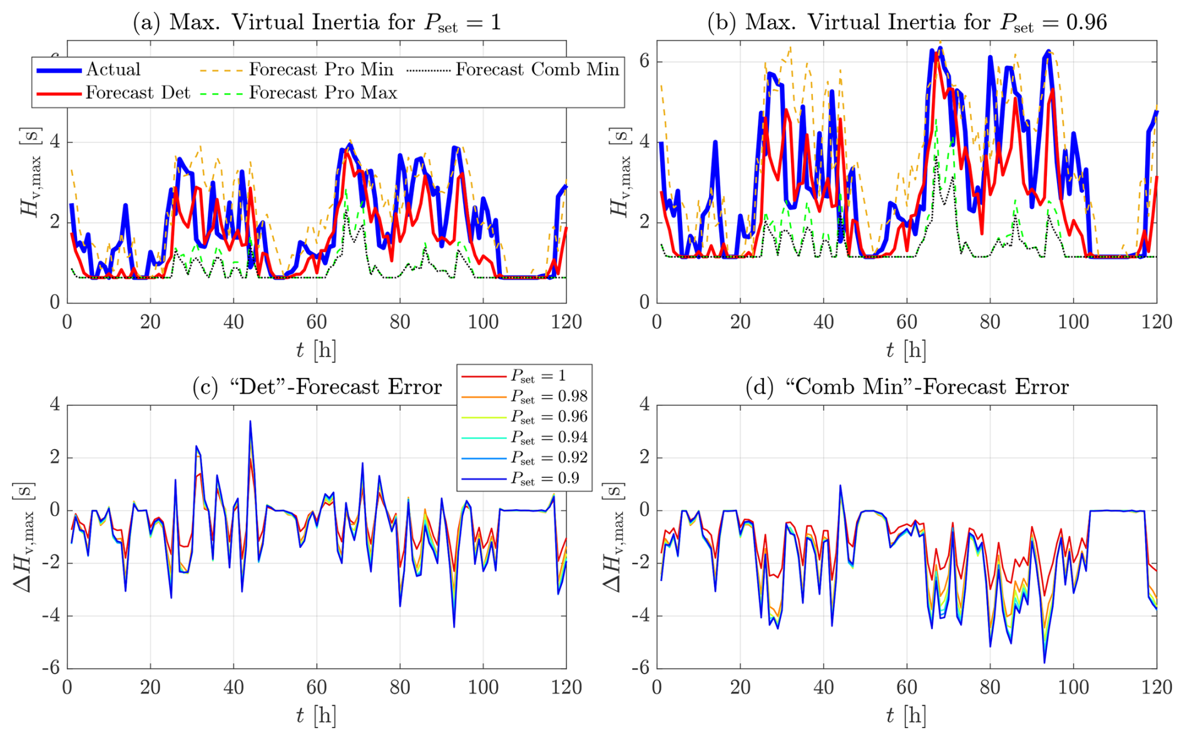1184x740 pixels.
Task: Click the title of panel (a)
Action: pyautogui.click(x=317, y=23)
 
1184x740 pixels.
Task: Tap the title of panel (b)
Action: pyautogui.click(x=907, y=23)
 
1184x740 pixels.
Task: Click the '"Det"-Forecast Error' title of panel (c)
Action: pyautogui.click(x=317, y=387)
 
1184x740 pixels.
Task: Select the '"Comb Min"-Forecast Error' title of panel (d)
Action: pyautogui.click(x=907, y=387)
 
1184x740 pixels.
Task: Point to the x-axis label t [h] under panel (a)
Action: pyautogui.click(x=316, y=350)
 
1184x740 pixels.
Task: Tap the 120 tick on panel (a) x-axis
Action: pyautogui.click(x=566, y=322)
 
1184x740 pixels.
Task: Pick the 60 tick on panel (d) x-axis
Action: pyautogui.click(x=907, y=687)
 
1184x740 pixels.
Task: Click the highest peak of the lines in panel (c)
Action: pyautogui.click(x=250, y=421)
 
